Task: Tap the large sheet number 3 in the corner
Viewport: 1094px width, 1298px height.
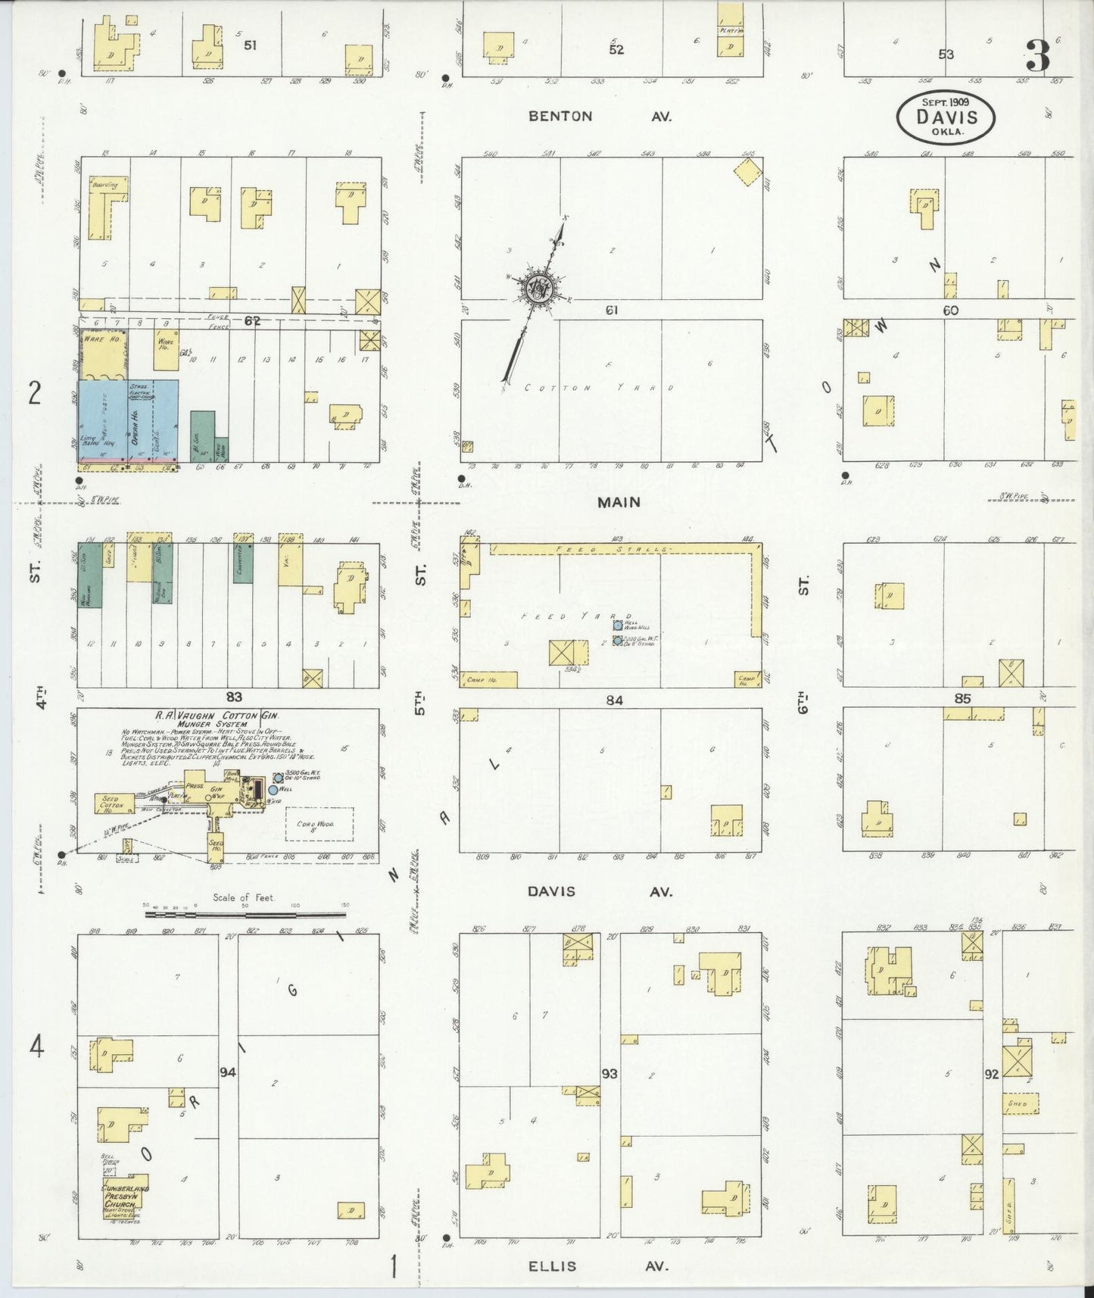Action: click(x=1038, y=55)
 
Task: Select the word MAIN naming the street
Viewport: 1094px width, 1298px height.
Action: click(x=619, y=502)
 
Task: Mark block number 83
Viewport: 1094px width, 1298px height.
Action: click(x=234, y=697)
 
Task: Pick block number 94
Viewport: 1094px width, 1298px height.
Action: click(x=228, y=1072)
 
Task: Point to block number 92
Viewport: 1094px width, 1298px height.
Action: click(x=992, y=1074)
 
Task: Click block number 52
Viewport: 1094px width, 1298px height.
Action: click(x=616, y=49)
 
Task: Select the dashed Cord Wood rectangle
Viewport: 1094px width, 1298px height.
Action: click(x=319, y=823)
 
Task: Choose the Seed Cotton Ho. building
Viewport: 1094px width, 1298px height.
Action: click(x=112, y=804)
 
